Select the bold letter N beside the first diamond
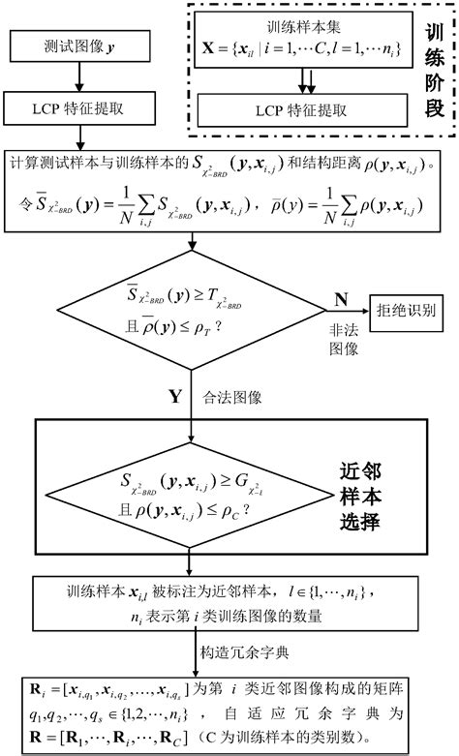click(x=340, y=297)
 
